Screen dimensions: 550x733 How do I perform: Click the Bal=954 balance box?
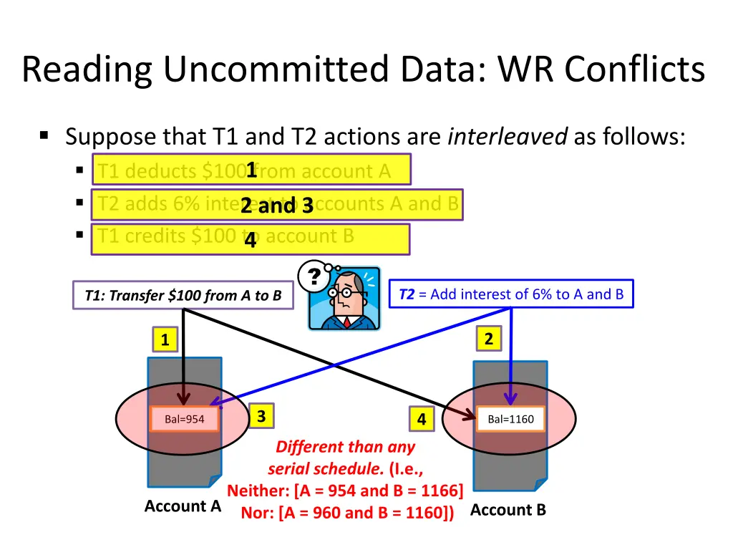pos(184,420)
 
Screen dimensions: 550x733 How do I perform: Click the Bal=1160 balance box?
pos(510,419)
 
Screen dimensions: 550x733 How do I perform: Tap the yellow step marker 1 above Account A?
pos(165,340)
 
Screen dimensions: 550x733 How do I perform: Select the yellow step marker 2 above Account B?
pos(488,339)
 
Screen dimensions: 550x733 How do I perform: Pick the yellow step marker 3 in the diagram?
pos(261,416)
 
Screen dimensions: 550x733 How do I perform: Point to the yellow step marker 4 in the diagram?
pos(422,420)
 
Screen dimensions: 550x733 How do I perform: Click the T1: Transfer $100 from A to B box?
pos(183,295)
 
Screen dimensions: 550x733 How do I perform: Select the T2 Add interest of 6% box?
pos(511,294)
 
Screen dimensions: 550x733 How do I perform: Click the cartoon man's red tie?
pos(346,322)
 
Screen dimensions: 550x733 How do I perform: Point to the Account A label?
pos(183,506)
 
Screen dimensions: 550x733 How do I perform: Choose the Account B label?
pos(508,510)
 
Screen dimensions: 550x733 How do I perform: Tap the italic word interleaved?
pos(507,135)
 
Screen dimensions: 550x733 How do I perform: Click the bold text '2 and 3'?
pos(277,206)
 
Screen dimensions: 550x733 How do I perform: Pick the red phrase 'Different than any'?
pos(345,447)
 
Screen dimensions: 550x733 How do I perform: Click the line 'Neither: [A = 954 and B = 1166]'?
pos(345,491)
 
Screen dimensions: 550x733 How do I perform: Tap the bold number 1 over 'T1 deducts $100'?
pos(251,170)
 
